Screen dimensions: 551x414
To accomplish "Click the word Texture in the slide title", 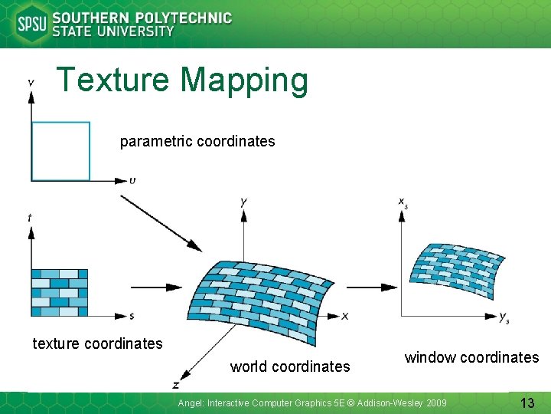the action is coord(114,80).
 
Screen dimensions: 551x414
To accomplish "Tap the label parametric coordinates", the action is coord(197,142).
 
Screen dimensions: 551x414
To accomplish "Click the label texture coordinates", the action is coord(97,343).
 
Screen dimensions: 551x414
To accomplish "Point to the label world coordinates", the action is coord(290,367).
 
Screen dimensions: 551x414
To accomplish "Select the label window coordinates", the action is coord(471,357).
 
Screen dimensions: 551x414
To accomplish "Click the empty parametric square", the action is coord(60,151).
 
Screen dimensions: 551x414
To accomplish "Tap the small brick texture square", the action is coord(59,292).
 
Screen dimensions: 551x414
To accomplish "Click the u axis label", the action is coord(133,181).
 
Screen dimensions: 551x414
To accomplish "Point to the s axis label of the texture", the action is coord(132,316).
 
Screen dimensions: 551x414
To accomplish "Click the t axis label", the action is coord(29,218).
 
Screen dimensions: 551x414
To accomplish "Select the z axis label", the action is coord(175,383).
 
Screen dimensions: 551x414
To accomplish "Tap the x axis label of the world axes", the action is coord(345,316).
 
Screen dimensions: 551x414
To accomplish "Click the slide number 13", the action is coord(527,402).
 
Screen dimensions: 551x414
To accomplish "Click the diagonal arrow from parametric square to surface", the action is coord(161,223).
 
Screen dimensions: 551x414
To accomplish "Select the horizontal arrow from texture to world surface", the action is coord(157,287).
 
